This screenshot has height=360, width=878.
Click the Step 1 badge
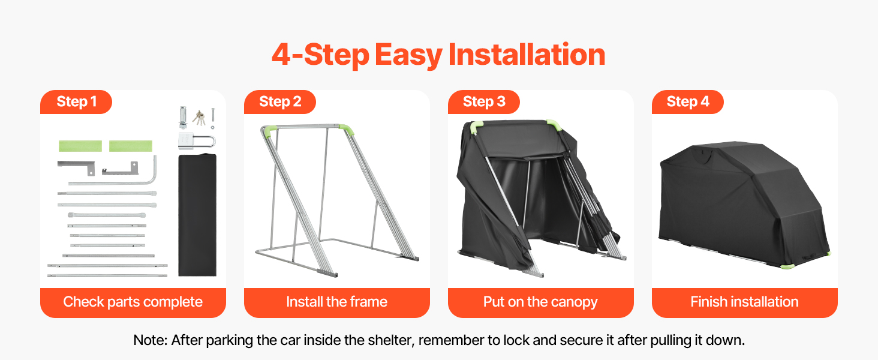76,102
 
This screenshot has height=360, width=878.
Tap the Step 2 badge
280,102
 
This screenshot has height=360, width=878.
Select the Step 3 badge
484,102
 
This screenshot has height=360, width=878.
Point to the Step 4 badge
687,102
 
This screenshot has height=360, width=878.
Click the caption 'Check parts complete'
133,302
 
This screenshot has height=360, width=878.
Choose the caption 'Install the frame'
336,302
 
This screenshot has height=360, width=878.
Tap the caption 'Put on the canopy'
540,302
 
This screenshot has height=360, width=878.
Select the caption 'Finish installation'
744,302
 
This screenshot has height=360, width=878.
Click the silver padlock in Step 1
196,141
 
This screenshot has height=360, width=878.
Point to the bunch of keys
199,118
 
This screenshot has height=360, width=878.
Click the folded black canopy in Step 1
197,215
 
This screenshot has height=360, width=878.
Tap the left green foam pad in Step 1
80,146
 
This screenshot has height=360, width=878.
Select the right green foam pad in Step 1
131,146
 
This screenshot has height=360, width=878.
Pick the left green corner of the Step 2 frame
270,130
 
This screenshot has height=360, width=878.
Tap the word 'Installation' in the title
527,55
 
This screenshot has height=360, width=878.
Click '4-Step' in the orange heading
320,55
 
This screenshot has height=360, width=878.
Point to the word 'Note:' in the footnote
150,340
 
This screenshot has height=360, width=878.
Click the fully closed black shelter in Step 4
744,206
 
